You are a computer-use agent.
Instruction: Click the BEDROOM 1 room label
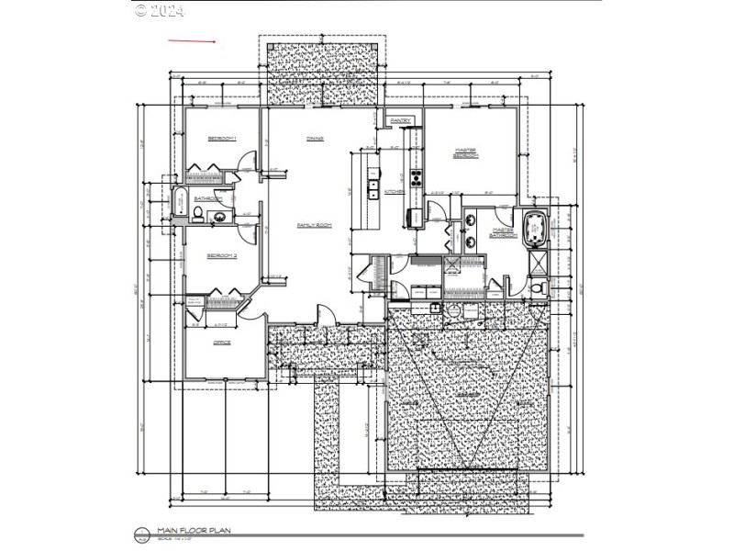click(222, 139)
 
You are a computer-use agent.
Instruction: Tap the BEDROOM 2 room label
click(222, 256)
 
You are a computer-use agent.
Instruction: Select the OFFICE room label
click(221, 343)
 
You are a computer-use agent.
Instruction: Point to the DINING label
click(314, 139)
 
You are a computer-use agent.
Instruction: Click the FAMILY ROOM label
click(313, 225)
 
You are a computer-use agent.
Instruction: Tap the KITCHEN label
click(395, 191)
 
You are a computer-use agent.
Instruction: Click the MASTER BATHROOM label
click(503, 233)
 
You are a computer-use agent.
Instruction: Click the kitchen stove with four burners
click(415, 177)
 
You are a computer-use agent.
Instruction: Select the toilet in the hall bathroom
click(197, 215)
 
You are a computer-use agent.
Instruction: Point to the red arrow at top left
click(191, 41)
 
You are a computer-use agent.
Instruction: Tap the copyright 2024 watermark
click(160, 11)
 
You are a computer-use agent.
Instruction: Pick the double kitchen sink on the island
click(373, 190)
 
